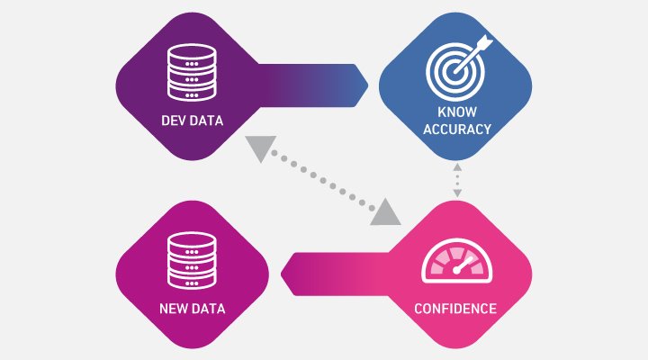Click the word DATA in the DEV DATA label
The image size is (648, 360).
click(x=207, y=121)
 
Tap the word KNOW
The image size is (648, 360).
click(x=455, y=113)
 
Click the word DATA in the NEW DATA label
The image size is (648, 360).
click(x=208, y=309)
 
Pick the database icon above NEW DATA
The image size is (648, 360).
click(x=192, y=260)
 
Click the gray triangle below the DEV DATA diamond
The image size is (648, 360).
click(x=260, y=149)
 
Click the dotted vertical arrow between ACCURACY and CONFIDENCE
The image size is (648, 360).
click(x=457, y=181)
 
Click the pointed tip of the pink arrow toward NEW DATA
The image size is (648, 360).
click(x=283, y=271)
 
